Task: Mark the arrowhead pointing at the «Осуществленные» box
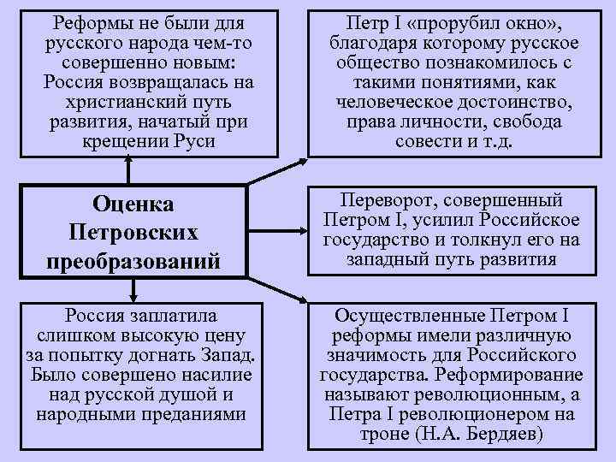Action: (x=300, y=300)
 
